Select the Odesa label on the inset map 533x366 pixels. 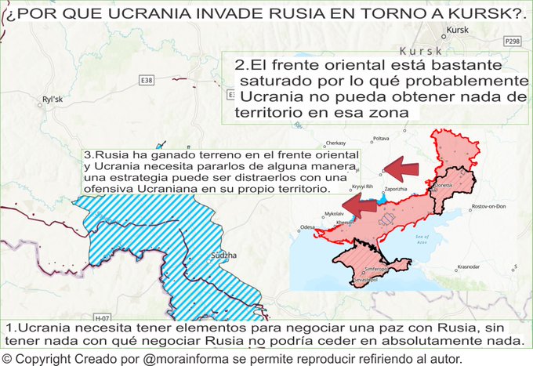(x=307, y=227)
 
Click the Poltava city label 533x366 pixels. (x=381, y=139)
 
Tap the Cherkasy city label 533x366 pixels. (x=335, y=143)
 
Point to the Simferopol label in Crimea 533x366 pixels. (x=367, y=268)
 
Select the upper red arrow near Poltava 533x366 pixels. (x=407, y=167)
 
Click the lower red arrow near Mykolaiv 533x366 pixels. (x=361, y=206)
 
